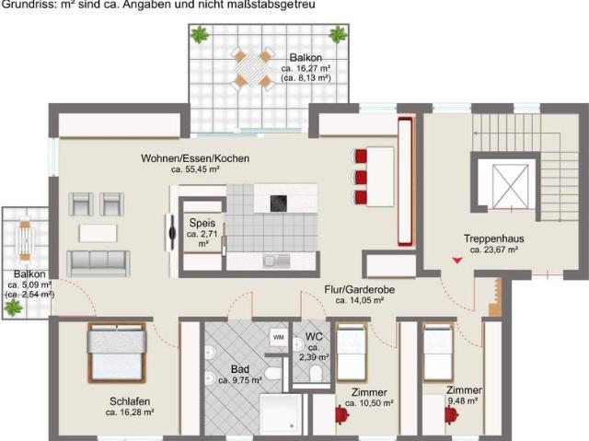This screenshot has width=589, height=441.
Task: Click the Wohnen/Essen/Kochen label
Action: coord(194,158)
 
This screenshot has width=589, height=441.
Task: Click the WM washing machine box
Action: coord(278,338)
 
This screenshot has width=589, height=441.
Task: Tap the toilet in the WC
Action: coord(315,372)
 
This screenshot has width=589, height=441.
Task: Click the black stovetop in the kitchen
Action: coord(278,203)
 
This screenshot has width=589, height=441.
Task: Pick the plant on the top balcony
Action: coord(200,36)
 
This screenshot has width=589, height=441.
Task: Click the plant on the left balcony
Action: coord(12,308)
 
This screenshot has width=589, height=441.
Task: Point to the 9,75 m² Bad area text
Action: coord(240,379)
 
